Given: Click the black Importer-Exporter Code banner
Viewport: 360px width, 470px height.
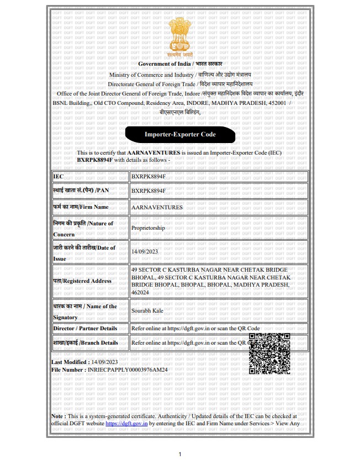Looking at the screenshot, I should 180,134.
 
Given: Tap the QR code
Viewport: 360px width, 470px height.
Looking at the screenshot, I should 269,354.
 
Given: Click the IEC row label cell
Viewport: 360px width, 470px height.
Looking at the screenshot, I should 90,176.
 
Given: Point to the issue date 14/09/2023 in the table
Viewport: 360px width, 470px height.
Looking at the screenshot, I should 145,252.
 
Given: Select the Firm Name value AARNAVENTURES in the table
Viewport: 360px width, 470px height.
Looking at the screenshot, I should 157,207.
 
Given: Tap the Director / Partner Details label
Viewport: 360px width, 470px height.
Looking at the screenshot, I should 85,328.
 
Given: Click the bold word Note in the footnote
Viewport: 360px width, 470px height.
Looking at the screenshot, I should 57,416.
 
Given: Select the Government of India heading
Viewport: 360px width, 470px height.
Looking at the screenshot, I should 180,65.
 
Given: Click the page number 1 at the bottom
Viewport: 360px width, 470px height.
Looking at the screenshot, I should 180,455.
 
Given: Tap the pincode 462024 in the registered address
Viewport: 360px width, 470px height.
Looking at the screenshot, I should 141,293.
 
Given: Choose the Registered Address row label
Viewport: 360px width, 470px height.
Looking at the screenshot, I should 83,281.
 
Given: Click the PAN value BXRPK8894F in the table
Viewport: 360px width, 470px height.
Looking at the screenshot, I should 148,191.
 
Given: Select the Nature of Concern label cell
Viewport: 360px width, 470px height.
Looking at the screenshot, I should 83,228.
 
